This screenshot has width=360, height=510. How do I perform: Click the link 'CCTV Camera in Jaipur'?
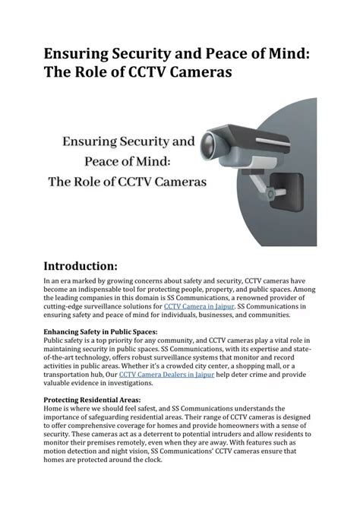194,306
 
